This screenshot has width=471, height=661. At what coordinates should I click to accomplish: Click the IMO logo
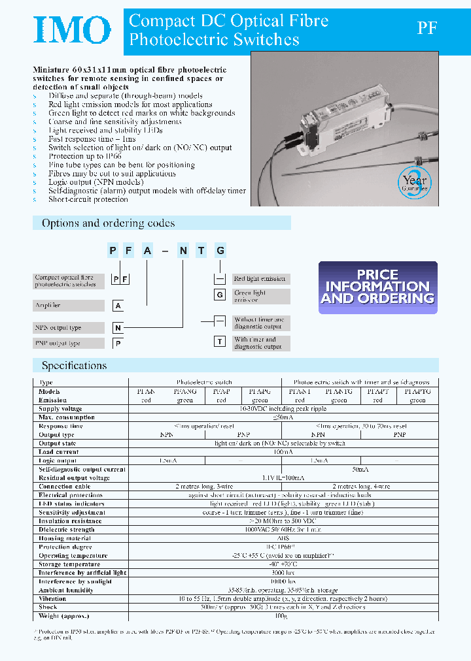pyautogui.click(x=73, y=30)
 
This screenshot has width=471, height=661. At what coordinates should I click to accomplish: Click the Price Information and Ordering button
pyautogui.click(x=377, y=287)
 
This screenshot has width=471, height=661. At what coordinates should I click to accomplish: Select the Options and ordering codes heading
pyautogui.click(x=109, y=223)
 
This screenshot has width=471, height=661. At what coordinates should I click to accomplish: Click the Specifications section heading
pyautogui.click(x=74, y=366)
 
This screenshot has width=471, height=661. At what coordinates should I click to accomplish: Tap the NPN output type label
pyautogui.click(x=68, y=327)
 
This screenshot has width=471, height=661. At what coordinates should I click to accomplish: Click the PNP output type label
pyautogui.click(x=68, y=344)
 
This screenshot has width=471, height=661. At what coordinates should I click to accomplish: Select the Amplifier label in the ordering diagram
pyautogui.click(x=68, y=305)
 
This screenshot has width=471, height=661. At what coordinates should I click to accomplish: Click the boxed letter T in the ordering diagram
pyautogui.click(x=220, y=341)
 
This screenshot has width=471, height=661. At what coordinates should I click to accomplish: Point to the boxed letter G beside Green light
pyautogui.click(x=220, y=295)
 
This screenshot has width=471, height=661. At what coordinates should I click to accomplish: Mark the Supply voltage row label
pyautogui.click(x=60, y=409)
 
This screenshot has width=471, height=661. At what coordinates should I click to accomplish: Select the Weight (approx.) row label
pyautogui.click(x=63, y=616)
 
